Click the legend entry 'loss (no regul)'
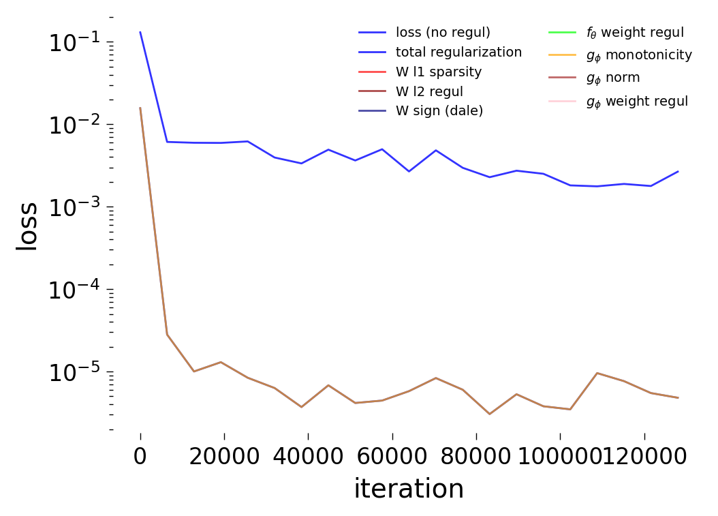click(443, 32)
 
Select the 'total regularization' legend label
click(458, 52)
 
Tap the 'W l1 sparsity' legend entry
click(438, 72)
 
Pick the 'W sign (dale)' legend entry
click(439, 111)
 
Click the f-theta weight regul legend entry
click(635, 32)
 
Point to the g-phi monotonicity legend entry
click(639, 55)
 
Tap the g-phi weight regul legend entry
click(637, 101)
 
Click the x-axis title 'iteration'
click(409, 489)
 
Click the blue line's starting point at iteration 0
click(140, 32)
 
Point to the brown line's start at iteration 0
click(140, 108)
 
